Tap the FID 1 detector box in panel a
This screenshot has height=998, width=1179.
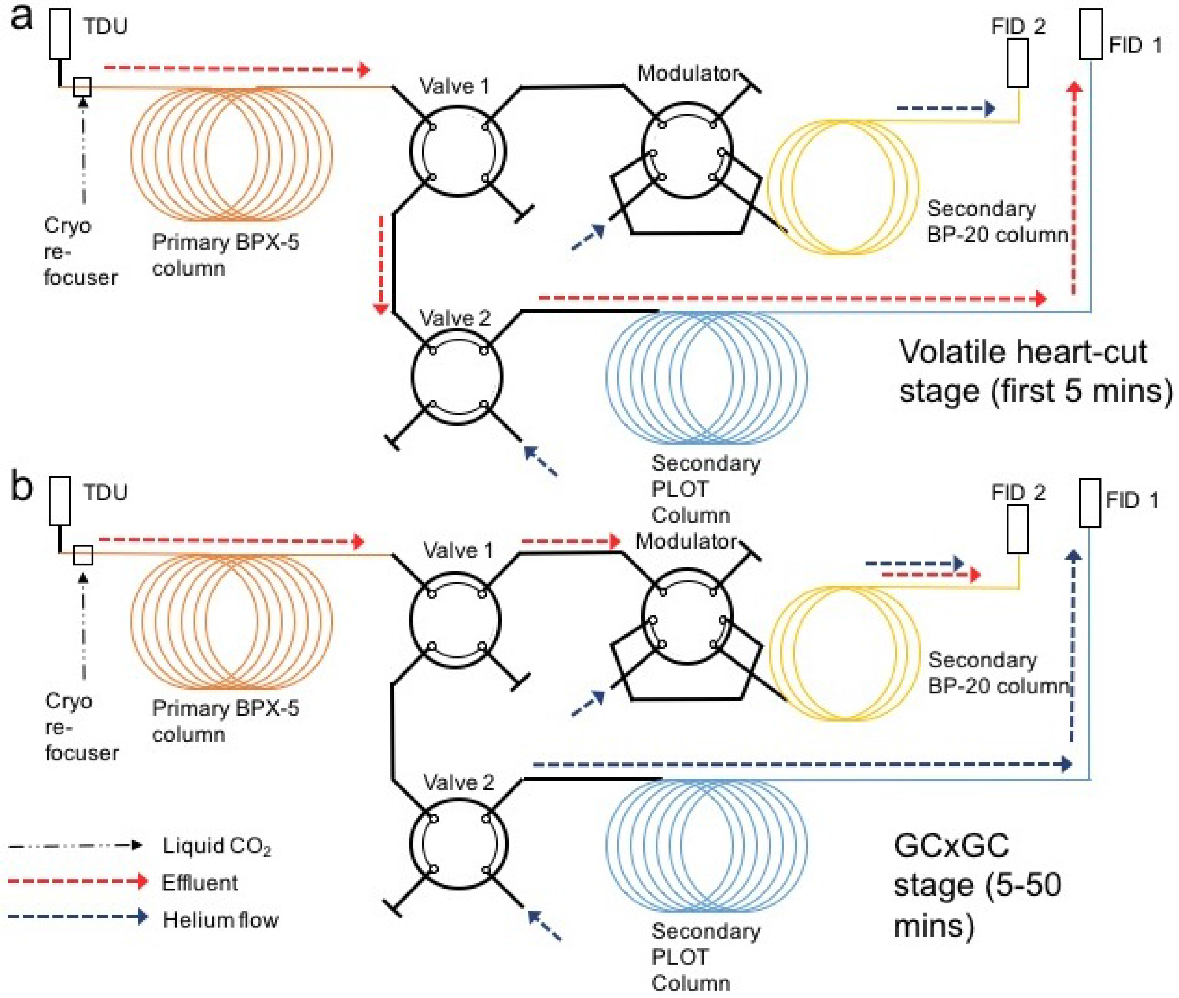tap(1090, 34)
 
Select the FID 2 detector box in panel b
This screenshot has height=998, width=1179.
tap(1017, 529)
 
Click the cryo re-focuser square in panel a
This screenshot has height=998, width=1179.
tap(82, 87)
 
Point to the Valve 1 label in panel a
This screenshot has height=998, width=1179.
tap(454, 86)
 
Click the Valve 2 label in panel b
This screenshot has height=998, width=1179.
tap(458, 782)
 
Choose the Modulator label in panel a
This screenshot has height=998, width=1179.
tap(688, 72)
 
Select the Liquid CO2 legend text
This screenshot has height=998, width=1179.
tap(217, 846)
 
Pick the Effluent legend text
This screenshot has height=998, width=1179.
tap(200, 883)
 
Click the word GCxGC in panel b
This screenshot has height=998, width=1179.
tap(951, 846)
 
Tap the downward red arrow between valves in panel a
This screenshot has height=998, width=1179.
tap(381, 264)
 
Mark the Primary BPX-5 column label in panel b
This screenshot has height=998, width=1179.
tap(225, 721)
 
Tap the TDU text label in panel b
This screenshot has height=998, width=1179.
tap(106, 492)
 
